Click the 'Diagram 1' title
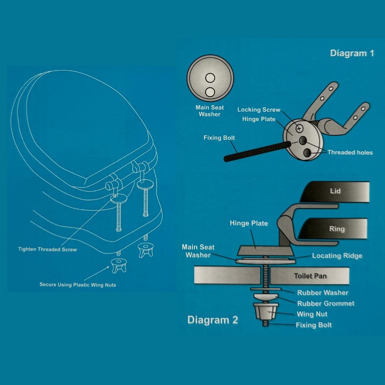[352, 53]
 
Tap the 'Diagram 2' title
[212, 320]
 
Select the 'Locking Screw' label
[259, 110]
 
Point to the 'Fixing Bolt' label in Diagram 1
[219, 138]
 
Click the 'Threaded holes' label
[350, 153]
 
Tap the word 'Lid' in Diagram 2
[335, 191]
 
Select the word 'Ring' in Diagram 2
[337, 229]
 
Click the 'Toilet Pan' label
[310, 276]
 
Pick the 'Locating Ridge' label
[337, 256]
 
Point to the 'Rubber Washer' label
[323, 293]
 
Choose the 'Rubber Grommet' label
[326, 303]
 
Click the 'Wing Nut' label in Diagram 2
[312, 314]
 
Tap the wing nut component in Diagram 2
[266, 312]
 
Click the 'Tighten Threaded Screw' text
[47, 249]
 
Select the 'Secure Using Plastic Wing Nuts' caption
[78, 284]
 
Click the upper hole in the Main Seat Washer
[210, 77]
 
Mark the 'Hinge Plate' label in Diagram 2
[249, 223]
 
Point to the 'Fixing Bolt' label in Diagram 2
[314, 325]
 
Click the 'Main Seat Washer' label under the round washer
[210, 111]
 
